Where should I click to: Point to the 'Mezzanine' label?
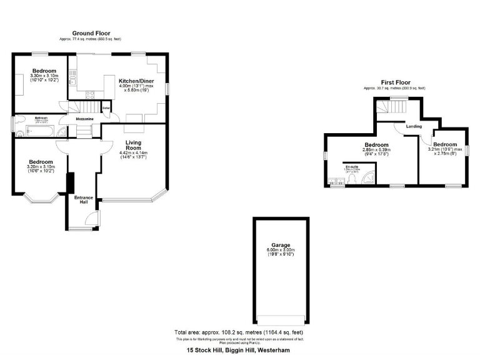tap(84, 118)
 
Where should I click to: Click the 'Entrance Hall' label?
tap(84, 200)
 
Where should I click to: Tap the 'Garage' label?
tap(281, 245)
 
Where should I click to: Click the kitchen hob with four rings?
tap(90, 95)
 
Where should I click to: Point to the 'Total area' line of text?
tap(239, 332)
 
